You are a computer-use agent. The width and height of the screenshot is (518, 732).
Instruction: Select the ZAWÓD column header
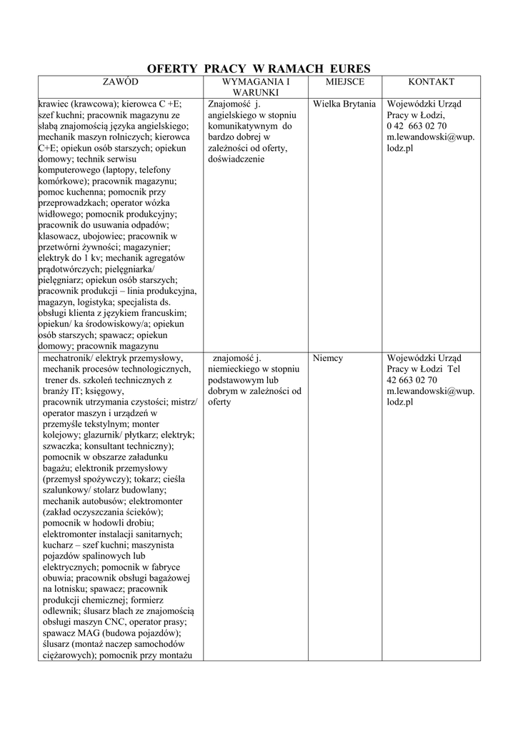[x=120, y=82]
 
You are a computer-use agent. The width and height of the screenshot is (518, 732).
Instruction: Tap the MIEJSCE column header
[x=345, y=82]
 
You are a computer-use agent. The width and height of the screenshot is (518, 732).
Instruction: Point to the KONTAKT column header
[x=432, y=82]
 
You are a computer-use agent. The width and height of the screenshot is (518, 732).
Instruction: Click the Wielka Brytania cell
[x=344, y=104]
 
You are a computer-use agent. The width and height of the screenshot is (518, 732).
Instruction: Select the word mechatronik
[x=67, y=358]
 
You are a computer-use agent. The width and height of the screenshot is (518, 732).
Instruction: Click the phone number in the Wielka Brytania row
[x=417, y=126]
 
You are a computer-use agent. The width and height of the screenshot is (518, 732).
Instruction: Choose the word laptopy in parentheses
[x=123, y=170]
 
